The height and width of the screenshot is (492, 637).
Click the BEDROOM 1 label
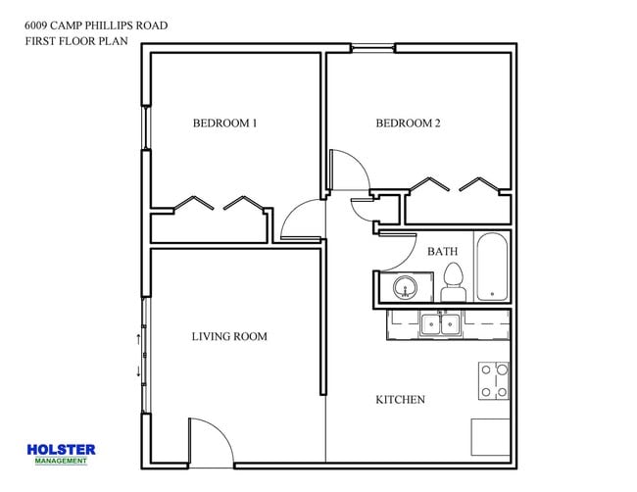224,123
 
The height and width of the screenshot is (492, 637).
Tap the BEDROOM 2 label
408,123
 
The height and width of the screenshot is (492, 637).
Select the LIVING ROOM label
228,336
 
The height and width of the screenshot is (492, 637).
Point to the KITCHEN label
401,400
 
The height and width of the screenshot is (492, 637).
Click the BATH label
442,252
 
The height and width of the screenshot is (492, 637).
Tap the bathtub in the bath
491,267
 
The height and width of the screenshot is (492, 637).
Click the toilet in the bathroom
452,283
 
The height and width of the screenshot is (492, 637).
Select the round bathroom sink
407,288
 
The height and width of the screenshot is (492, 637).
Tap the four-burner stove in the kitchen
494,380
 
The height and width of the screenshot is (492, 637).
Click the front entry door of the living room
209,441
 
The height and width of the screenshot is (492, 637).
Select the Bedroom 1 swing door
300,220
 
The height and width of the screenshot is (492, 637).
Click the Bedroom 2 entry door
348,172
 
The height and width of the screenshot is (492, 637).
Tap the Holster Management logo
61,453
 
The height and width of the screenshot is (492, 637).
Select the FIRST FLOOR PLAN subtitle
77,41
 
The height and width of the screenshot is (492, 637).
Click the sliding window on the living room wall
145,355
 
